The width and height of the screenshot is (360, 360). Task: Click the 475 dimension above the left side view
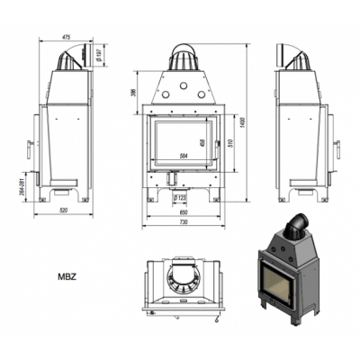pyautogui.click(x=66, y=37)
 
